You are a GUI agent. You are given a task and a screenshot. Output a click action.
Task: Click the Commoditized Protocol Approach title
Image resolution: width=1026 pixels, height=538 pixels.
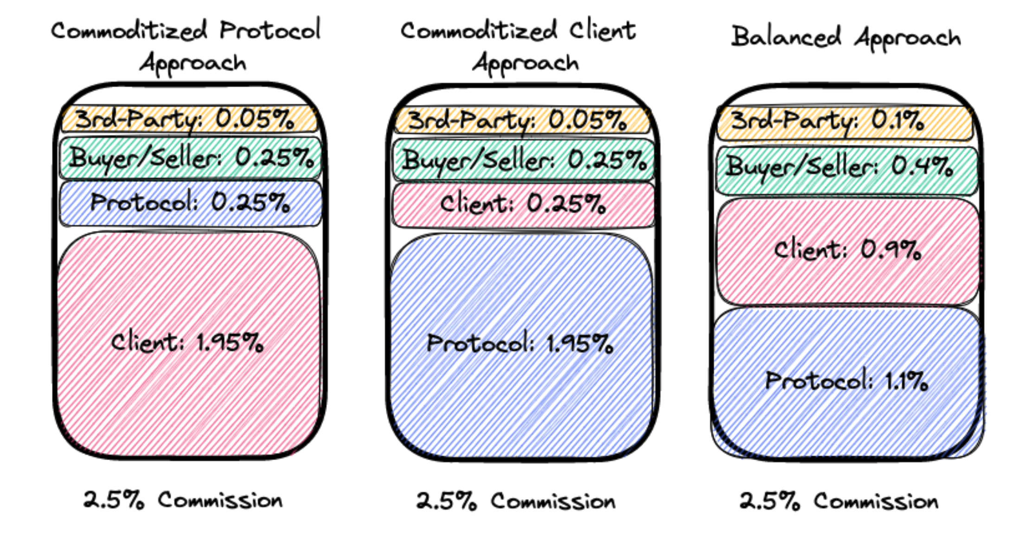point(186,46)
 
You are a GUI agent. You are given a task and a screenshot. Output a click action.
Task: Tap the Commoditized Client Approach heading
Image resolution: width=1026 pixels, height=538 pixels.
point(519,46)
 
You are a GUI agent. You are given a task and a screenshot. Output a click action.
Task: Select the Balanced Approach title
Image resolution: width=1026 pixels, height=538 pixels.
point(846,37)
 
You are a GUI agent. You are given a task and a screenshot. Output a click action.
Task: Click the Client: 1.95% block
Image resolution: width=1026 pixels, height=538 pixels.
point(188,343)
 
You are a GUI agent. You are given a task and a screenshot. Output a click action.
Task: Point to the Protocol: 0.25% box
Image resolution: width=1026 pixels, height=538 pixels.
point(190,203)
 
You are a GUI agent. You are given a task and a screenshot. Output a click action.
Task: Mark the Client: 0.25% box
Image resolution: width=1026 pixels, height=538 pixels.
point(523,205)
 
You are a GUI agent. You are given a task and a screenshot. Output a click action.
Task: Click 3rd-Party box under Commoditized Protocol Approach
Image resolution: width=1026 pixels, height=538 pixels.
point(189,120)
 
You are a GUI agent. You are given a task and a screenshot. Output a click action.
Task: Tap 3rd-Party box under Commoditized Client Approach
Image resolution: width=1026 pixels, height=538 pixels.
point(521,121)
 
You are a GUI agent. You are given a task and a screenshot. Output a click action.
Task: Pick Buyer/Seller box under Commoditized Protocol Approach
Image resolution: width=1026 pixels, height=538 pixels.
point(190,158)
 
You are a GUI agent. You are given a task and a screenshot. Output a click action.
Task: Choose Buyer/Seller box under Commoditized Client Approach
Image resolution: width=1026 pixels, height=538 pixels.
point(523,160)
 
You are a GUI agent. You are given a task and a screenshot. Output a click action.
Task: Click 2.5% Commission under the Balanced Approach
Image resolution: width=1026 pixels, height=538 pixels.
point(839,501)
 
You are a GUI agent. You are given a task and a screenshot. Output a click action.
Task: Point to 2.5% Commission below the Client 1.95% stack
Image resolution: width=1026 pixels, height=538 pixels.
point(183,500)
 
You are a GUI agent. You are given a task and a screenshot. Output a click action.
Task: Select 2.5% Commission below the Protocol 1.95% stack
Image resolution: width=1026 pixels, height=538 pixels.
point(516,501)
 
